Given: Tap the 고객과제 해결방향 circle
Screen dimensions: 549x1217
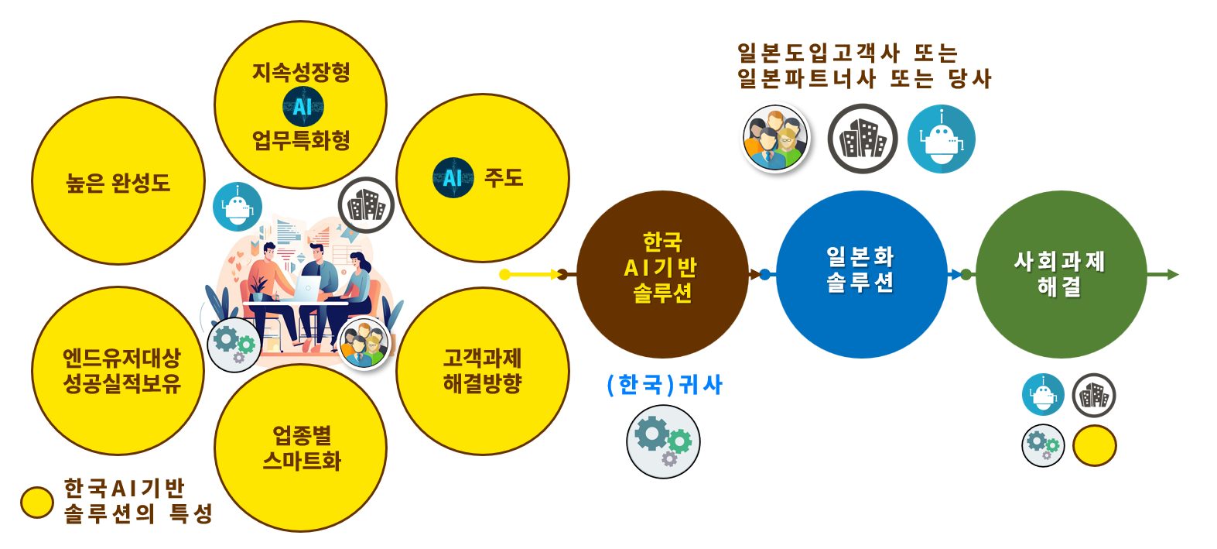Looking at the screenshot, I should (x=482, y=370).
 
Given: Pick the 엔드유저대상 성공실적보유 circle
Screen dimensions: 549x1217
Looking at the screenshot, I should (x=118, y=370).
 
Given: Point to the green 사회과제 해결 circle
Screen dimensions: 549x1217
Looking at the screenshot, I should (x=1060, y=274).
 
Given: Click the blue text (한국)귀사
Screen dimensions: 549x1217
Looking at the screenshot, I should (x=665, y=385).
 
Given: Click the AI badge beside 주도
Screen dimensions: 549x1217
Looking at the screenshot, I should (x=453, y=178).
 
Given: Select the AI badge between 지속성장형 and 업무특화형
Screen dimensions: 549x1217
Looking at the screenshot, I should (x=302, y=107).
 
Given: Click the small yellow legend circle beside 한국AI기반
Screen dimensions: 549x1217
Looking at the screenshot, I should (x=36, y=503).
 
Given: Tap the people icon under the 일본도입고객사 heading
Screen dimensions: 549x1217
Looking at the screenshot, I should (x=774, y=139).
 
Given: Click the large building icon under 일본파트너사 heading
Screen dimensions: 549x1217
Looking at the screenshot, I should (x=862, y=139).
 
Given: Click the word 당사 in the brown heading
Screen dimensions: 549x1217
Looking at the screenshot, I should (x=969, y=78).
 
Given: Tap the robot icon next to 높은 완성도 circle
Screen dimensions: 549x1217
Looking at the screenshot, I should (x=238, y=207).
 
